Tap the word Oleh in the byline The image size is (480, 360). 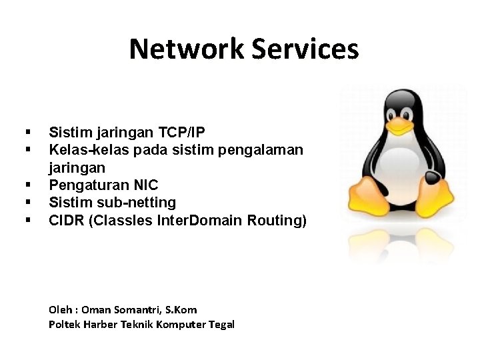[61, 309]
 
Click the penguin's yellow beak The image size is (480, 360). [399, 124]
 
